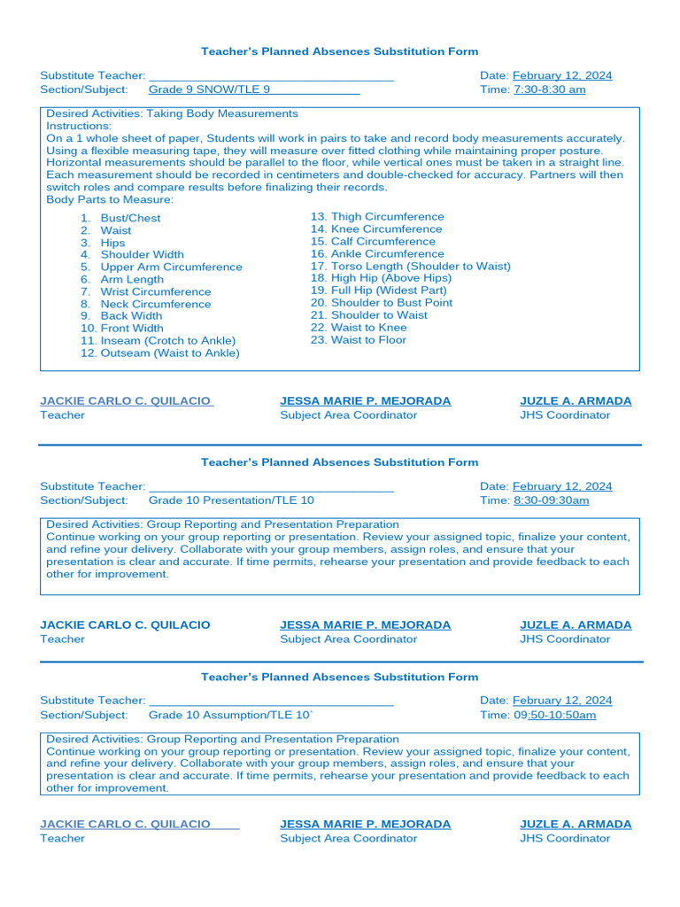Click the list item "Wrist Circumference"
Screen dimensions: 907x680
coord(155,291)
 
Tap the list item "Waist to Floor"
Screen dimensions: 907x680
coord(368,340)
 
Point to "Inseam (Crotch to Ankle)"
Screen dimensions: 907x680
coord(167,341)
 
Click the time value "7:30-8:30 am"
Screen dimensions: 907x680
coord(549,89)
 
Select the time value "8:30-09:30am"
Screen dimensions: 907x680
coord(551,500)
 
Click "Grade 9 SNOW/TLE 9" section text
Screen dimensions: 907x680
coord(209,89)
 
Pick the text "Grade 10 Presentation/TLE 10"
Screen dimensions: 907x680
coord(230,500)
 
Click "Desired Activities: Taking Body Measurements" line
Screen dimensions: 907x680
coord(172,113)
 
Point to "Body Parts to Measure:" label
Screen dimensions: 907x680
coord(110,200)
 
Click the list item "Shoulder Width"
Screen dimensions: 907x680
coord(142,255)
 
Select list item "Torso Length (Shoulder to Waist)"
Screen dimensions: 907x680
coord(420,266)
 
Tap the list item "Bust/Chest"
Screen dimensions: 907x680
coord(130,218)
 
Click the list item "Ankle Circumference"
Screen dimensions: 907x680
coord(387,254)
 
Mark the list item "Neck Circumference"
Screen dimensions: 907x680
coord(155,304)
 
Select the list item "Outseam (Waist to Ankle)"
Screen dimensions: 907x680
coord(169,353)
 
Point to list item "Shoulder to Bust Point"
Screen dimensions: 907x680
coord(390,303)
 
